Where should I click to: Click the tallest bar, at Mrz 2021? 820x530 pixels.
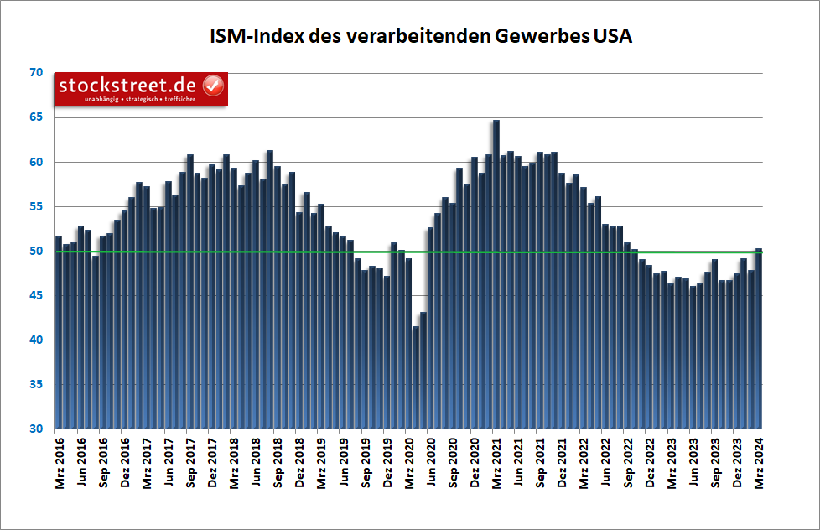496,277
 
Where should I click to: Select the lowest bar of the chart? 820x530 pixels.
416,377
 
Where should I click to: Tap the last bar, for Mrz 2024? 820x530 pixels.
758,339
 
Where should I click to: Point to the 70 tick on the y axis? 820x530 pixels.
35,73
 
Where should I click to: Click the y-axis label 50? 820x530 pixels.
35,251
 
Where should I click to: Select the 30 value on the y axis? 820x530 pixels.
35,429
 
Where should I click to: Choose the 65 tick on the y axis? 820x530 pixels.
35,117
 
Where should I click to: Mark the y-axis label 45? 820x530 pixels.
35,295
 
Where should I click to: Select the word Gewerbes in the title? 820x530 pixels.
543,37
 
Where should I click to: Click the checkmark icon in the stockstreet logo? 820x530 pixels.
213,86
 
